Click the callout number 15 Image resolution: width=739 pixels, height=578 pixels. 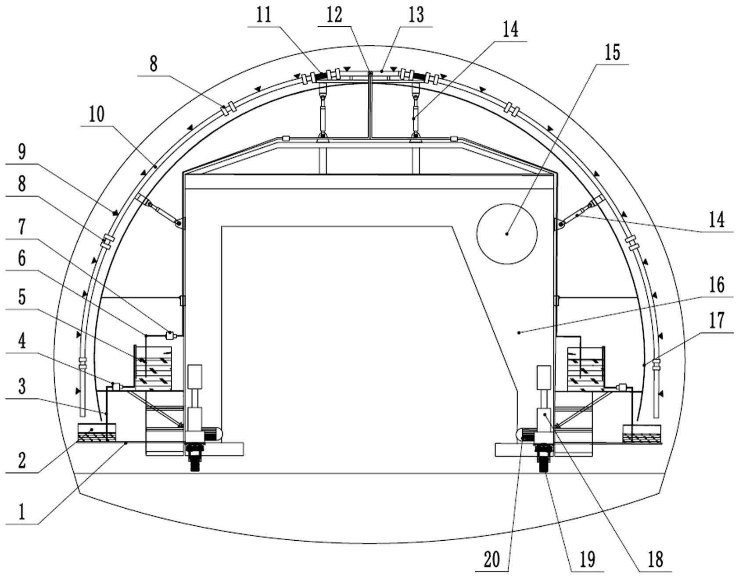[x=612, y=53]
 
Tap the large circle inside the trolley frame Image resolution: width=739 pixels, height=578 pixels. [x=507, y=233]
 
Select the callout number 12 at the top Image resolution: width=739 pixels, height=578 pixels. [x=334, y=15]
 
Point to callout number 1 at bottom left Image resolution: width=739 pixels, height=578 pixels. [x=21, y=511]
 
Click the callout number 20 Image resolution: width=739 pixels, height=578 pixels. [x=491, y=560]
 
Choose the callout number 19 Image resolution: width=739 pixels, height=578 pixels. [x=587, y=560]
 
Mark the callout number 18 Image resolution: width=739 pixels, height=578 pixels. [x=655, y=560]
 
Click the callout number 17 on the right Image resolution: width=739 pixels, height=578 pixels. [x=716, y=321]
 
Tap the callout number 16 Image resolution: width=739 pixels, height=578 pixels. [x=716, y=285]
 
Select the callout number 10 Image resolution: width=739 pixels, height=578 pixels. [x=97, y=114]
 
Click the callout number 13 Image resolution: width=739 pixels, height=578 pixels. [x=416, y=15]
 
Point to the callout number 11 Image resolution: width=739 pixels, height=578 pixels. [x=264, y=15]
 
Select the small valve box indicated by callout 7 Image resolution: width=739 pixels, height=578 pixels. [x=169, y=336]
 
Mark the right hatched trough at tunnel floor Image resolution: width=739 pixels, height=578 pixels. [x=642, y=434]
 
